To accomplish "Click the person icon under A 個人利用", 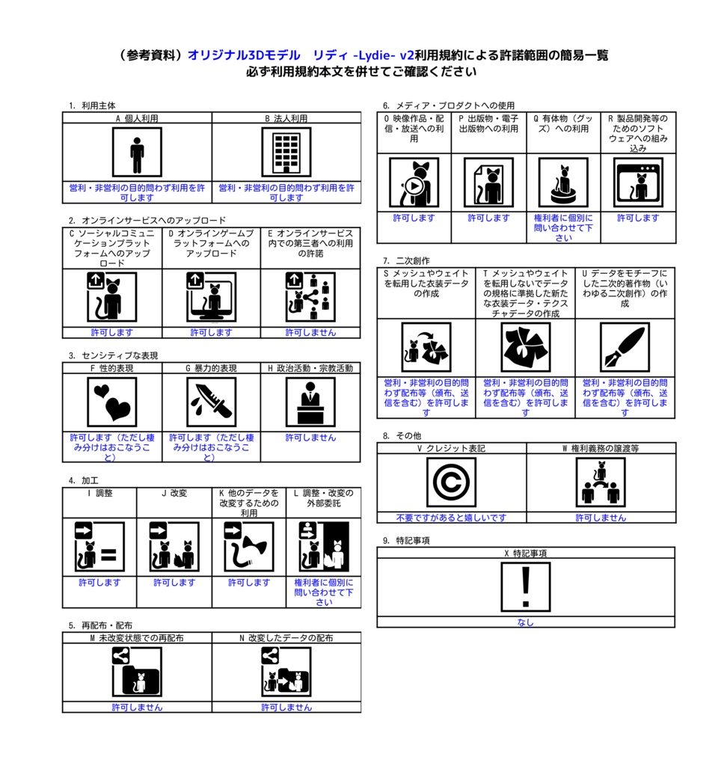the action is [137, 153].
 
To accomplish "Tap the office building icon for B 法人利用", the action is [286, 153].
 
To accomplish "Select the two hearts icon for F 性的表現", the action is [112, 402].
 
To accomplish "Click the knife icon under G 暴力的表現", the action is [211, 402].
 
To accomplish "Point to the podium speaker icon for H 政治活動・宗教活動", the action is [310, 402].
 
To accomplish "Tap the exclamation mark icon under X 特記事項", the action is [526, 586].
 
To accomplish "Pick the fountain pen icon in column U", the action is [625, 347].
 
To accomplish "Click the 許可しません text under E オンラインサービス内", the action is [310, 333].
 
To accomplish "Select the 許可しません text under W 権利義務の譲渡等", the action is [601, 518].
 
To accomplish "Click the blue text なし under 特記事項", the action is [526, 622].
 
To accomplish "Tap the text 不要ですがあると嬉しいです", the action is [452, 518].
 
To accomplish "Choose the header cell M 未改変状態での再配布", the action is [137, 638].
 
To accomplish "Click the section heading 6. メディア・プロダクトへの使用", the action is [449, 105].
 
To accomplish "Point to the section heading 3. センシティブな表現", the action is [113, 355].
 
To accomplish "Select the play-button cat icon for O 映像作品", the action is [414, 183].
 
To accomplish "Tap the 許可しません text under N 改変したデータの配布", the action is [286, 708].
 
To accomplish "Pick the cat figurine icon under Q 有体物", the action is [563, 183].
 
